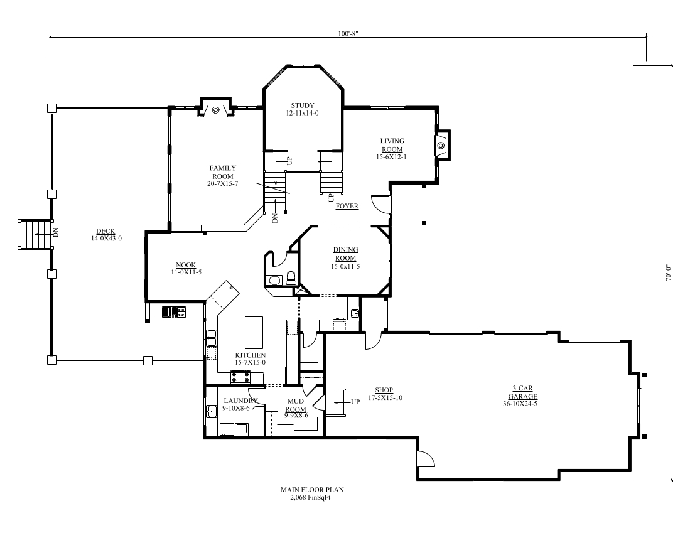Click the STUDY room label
coord(302,105)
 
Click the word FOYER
coord(347,206)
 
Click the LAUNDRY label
coord(240,401)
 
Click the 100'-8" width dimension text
coord(347,33)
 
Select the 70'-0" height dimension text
coord(667,274)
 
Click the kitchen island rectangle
coord(254,332)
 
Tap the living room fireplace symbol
coord(441,146)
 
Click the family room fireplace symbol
coord(215,110)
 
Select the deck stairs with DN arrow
coord(34,234)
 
